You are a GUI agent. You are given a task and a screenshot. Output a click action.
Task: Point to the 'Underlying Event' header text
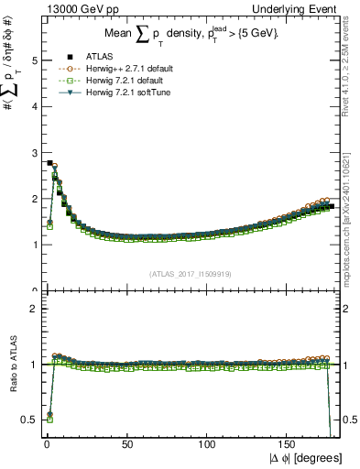pos(300,7)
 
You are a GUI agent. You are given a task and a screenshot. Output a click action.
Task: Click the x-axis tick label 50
pos(127,443)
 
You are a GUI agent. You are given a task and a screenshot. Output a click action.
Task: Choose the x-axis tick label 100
pos(209,443)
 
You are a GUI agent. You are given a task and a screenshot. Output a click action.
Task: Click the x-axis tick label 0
pos(46,443)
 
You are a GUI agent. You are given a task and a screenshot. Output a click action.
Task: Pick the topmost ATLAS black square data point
pos(49,163)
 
